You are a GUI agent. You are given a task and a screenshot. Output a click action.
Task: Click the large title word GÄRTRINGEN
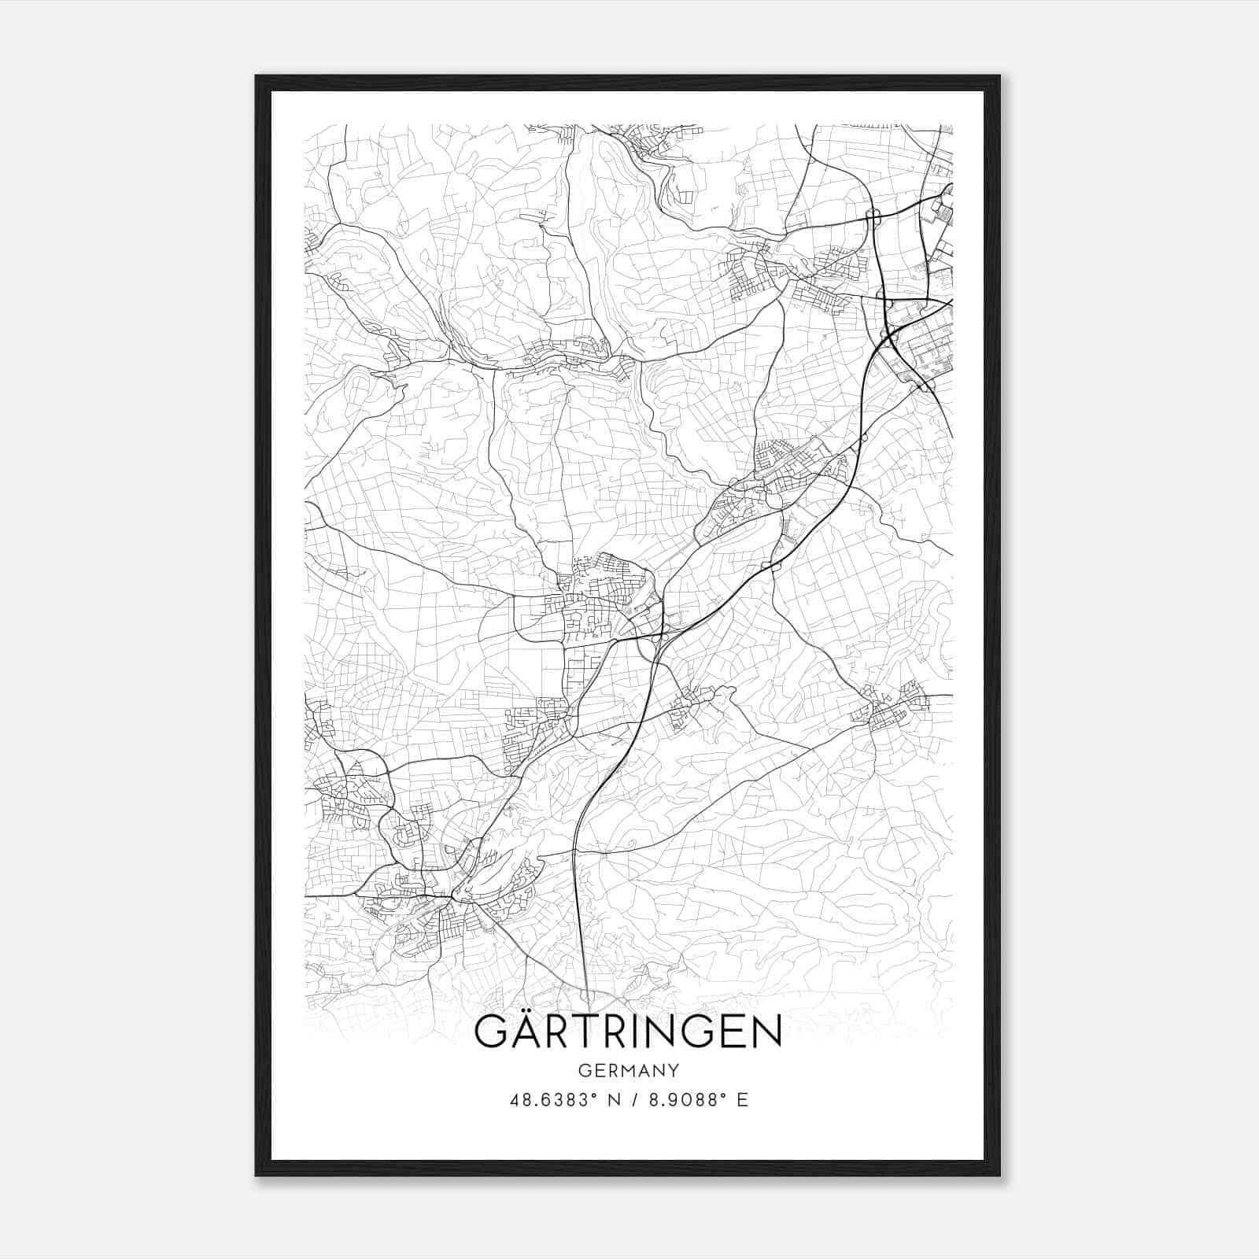click(629, 1032)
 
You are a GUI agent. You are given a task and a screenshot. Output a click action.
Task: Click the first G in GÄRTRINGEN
click(492, 1032)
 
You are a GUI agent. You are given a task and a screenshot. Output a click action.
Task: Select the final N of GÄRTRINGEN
click(766, 1032)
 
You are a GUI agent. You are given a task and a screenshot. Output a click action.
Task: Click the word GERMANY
click(629, 1070)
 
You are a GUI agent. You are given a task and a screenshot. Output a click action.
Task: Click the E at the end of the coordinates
click(742, 1100)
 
